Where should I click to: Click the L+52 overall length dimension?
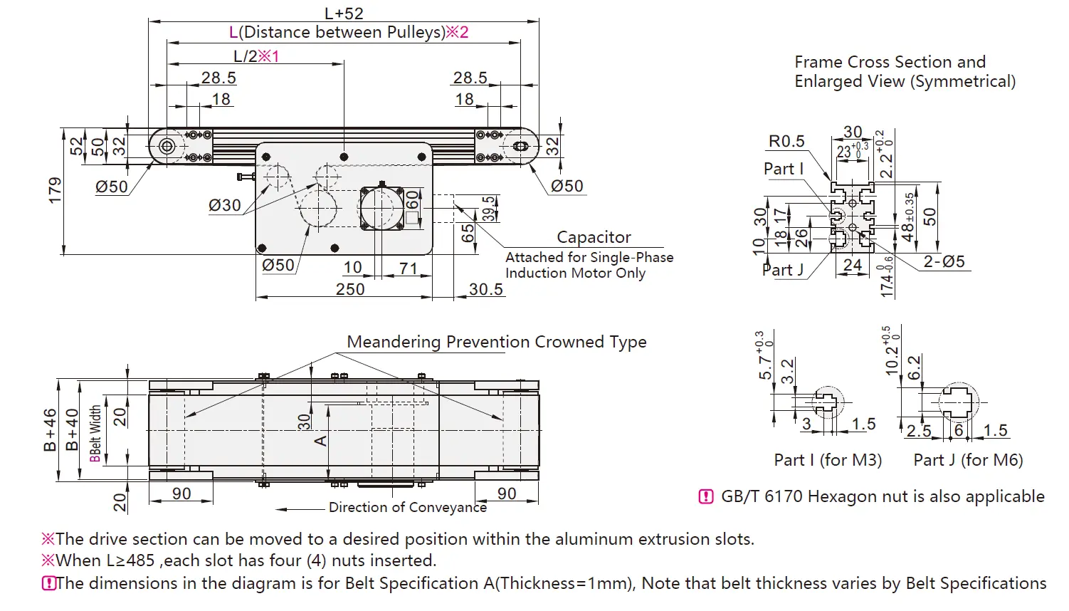pyautogui.click(x=344, y=14)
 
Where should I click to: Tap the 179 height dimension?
pyautogui.click(x=56, y=190)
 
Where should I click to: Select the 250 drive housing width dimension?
pyautogui.click(x=350, y=289)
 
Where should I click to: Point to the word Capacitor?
pyautogui.click(x=594, y=236)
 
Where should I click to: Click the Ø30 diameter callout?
pyautogui.click(x=225, y=205)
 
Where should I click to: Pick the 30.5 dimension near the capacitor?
pyautogui.click(x=486, y=289)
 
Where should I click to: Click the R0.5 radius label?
pyautogui.click(x=786, y=141)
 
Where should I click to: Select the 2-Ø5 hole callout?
pyautogui.click(x=944, y=261)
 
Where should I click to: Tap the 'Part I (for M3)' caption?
pyautogui.click(x=828, y=460)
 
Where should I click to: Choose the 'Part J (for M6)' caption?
pyautogui.click(x=968, y=460)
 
